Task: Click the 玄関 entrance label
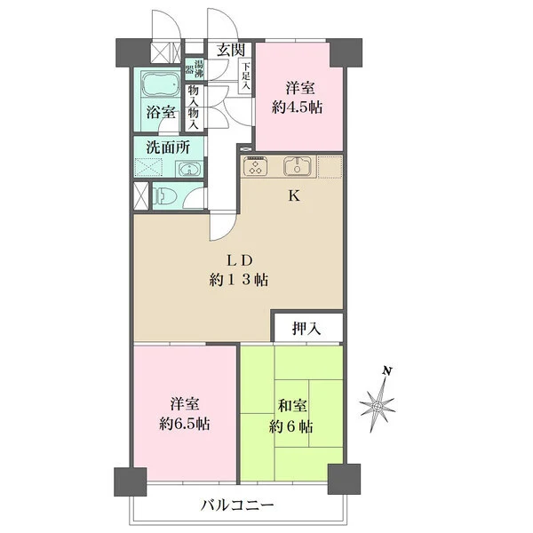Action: click(x=231, y=51)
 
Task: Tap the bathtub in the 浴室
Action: click(x=160, y=84)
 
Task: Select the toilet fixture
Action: click(x=164, y=196)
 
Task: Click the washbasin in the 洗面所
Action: click(x=188, y=169)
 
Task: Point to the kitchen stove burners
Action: click(x=255, y=166)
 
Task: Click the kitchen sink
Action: click(x=298, y=166)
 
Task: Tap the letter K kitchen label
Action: click(x=294, y=195)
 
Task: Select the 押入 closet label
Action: click(x=306, y=328)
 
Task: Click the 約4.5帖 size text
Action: click(x=297, y=107)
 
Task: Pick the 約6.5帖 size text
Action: click(x=185, y=424)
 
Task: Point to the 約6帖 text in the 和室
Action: click(x=291, y=426)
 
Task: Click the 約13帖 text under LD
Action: click(x=239, y=280)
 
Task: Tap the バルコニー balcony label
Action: click(x=237, y=505)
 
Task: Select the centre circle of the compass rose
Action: click(x=377, y=406)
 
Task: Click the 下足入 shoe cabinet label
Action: click(x=246, y=76)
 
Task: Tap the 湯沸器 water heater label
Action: click(x=195, y=68)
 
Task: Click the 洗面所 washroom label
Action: click(x=168, y=147)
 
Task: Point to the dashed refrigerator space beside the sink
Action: click(x=330, y=167)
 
